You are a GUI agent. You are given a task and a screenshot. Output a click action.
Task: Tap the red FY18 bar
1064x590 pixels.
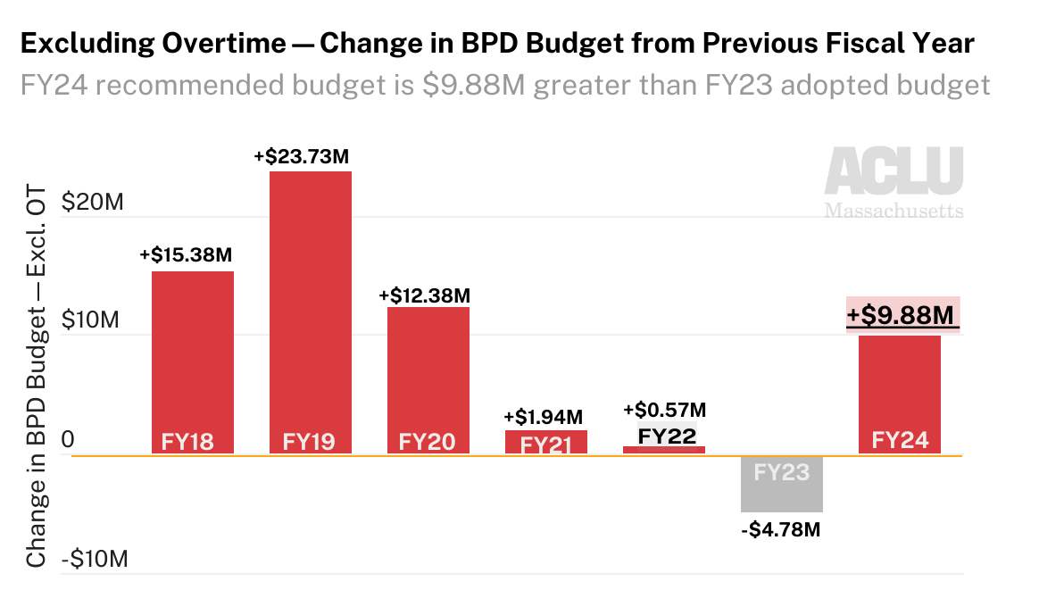click(x=192, y=357)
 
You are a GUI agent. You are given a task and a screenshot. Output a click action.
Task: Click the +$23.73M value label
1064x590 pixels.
click(x=301, y=156)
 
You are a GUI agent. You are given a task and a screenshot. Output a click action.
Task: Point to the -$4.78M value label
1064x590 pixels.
click(x=780, y=530)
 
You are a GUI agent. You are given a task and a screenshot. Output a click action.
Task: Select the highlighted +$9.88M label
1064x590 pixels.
click(x=902, y=316)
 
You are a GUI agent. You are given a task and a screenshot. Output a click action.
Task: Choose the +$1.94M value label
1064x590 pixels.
click(x=544, y=417)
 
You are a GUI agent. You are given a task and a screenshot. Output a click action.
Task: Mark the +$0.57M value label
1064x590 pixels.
click(x=664, y=410)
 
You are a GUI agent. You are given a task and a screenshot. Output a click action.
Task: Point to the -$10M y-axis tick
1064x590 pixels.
click(x=93, y=561)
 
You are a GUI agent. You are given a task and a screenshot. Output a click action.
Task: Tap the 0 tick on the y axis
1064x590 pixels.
click(x=67, y=441)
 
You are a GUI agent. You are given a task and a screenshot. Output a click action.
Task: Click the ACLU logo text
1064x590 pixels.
click(x=893, y=172)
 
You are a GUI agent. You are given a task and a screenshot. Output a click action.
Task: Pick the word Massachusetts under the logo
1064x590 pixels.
click(x=894, y=212)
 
